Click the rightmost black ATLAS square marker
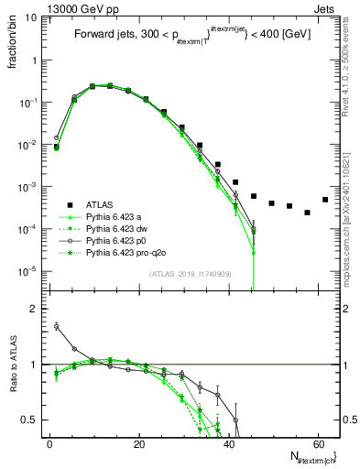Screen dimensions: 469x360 click(325, 200)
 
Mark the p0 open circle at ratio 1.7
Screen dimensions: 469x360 click(57, 325)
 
